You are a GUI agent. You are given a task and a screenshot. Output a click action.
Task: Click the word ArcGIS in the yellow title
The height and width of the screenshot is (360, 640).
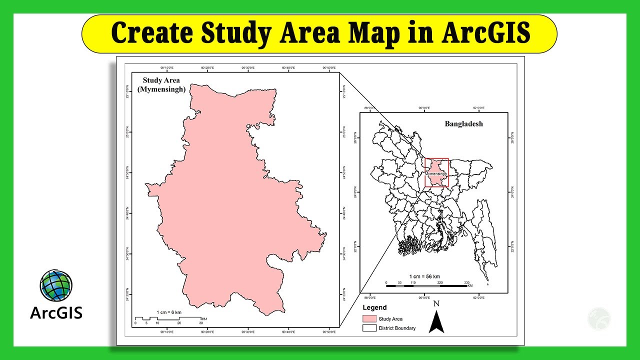486,33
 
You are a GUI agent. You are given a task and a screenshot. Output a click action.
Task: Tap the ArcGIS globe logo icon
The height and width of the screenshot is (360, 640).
56,286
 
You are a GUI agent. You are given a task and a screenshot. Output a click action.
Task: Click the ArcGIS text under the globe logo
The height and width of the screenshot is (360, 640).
56,313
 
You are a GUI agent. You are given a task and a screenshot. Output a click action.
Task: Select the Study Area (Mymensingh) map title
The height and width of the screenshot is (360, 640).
161,85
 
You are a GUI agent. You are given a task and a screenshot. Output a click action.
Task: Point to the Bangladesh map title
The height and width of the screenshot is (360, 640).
464,124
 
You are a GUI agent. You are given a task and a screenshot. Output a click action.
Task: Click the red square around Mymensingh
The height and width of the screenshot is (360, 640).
436,173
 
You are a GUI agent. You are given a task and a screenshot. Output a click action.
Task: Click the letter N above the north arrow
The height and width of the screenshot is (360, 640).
436,303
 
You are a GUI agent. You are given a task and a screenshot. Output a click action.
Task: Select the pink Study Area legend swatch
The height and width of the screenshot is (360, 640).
369,318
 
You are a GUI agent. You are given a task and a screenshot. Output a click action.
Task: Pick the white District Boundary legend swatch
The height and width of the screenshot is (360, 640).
369,328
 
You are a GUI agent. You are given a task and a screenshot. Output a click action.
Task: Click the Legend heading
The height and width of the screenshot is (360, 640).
374,307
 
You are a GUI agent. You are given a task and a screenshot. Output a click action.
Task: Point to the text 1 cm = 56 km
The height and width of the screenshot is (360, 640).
424,276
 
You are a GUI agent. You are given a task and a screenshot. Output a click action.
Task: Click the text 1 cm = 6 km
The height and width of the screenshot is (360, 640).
169,312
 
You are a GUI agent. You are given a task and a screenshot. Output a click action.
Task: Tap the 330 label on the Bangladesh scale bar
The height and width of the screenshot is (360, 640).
466,283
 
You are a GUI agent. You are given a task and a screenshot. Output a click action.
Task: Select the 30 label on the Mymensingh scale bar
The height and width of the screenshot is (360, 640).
201,323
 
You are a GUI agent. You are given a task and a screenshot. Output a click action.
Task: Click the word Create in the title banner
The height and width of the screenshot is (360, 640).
151,33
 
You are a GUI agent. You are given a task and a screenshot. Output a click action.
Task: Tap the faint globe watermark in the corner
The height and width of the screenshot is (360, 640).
599,319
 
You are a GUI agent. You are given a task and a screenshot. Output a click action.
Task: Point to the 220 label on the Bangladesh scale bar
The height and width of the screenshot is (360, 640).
440,283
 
